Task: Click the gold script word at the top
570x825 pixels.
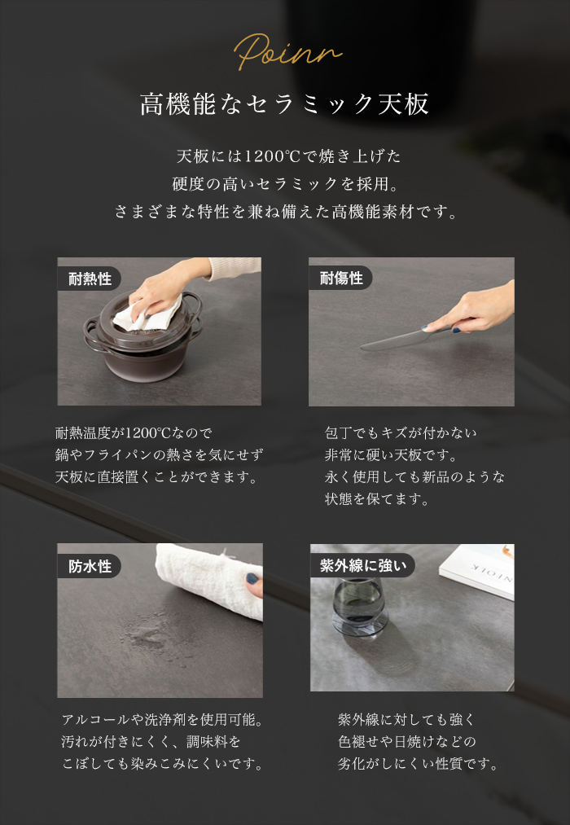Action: (286, 50)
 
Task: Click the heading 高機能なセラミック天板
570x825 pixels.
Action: (285, 105)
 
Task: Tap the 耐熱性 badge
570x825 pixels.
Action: (90, 279)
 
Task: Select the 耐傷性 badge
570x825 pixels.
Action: (340, 279)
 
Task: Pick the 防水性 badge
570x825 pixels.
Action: (90, 566)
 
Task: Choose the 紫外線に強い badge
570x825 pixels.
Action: (362, 565)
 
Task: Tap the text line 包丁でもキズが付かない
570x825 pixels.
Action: (401, 432)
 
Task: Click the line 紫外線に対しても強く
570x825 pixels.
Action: (406, 720)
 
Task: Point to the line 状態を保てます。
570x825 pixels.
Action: (366, 499)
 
